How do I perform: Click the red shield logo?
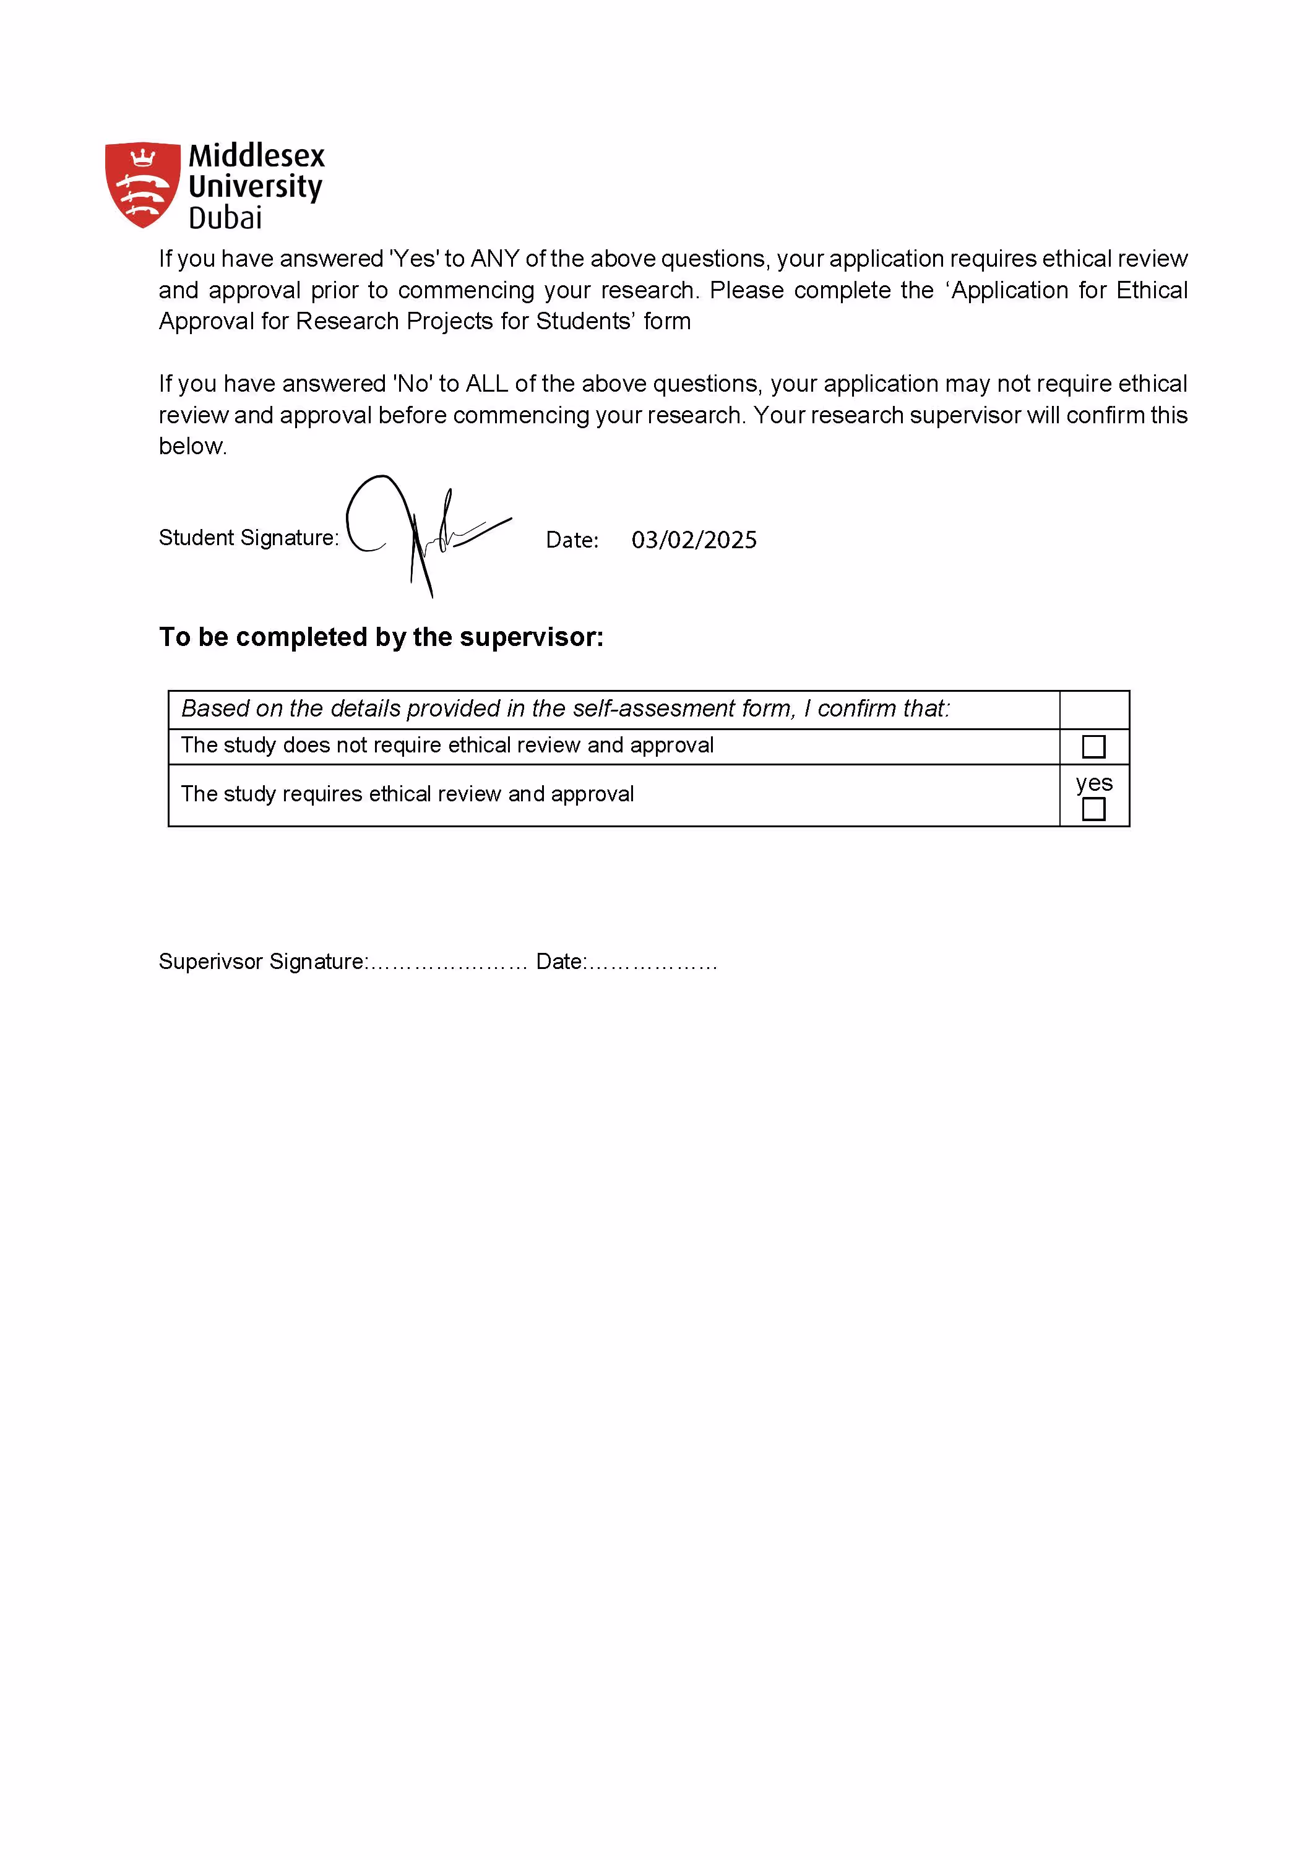[x=142, y=184]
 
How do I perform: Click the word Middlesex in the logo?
[x=256, y=155]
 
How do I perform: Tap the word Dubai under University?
[x=225, y=218]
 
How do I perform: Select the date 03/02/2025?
[x=694, y=540]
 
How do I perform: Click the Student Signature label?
[x=248, y=538]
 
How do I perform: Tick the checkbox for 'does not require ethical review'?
[x=1093, y=746]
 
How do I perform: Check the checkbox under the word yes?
[x=1093, y=809]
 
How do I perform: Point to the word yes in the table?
[x=1093, y=783]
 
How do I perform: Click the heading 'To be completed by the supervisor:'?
[x=381, y=637]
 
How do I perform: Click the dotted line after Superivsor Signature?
[x=448, y=962]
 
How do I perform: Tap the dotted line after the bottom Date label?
[x=652, y=962]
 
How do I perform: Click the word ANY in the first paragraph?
[x=494, y=259]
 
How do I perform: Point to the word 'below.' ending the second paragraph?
[x=193, y=446]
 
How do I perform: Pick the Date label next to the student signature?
[x=572, y=540]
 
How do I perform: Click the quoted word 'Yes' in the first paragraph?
[x=414, y=259]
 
